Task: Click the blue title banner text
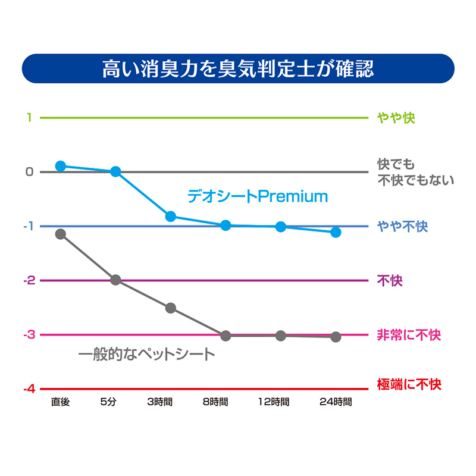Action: coord(238,68)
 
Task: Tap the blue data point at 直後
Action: coord(60,166)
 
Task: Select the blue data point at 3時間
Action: coord(171,216)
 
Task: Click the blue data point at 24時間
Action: coord(336,232)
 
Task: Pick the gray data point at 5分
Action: coord(115,280)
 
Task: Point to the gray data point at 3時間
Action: coord(171,308)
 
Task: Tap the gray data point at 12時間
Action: coord(281,336)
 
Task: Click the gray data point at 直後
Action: coord(60,234)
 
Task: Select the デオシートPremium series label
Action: coord(258,196)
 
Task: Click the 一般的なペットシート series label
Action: coord(146,355)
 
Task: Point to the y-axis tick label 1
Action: coord(28,118)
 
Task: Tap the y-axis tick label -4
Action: coord(27,389)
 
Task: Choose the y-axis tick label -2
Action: coord(27,281)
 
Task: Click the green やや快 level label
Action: coord(396,118)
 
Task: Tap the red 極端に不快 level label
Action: coord(409,384)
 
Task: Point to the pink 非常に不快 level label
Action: coord(409,335)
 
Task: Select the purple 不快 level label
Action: coord(390,281)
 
